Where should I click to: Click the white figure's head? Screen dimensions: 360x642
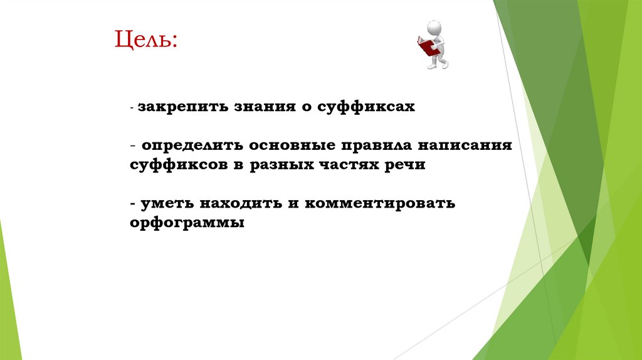[434, 28]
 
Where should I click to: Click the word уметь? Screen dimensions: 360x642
[167, 204]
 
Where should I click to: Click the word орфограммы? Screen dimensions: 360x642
[187, 224]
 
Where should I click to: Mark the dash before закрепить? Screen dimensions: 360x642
[132, 109]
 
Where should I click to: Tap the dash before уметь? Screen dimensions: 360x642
[134, 205]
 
